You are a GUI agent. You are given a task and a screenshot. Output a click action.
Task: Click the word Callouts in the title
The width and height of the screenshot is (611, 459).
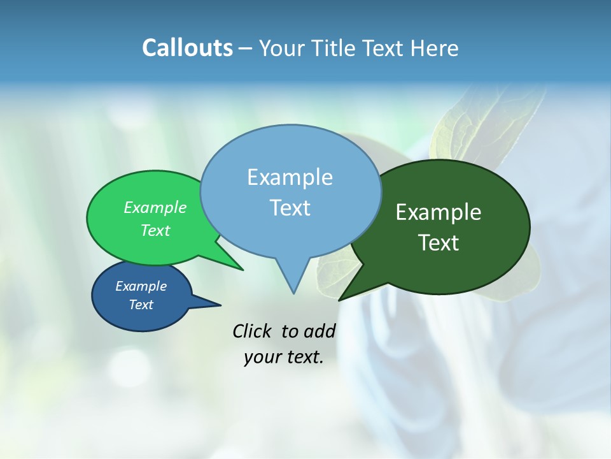(x=187, y=48)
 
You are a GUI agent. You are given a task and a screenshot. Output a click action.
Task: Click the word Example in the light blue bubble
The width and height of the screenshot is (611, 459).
(x=290, y=177)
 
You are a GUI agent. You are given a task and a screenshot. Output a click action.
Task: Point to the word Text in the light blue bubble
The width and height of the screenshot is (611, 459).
(x=290, y=208)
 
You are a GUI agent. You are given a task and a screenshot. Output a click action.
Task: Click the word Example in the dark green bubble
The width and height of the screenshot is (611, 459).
(x=439, y=212)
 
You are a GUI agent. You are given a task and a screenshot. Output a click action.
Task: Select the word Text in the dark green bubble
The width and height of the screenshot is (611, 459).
(x=439, y=243)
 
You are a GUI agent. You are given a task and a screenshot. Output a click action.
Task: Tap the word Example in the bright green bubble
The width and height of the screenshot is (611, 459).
(x=155, y=207)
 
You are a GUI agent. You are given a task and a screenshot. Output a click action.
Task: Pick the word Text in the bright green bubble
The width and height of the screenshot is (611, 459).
(x=155, y=230)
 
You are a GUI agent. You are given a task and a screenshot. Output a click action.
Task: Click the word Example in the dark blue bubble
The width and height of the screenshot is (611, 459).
(x=141, y=286)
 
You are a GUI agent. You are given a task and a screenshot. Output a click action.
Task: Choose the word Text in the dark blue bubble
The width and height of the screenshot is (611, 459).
(x=141, y=305)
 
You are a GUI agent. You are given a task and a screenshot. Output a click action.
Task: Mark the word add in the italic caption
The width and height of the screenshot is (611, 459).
(x=320, y=331)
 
